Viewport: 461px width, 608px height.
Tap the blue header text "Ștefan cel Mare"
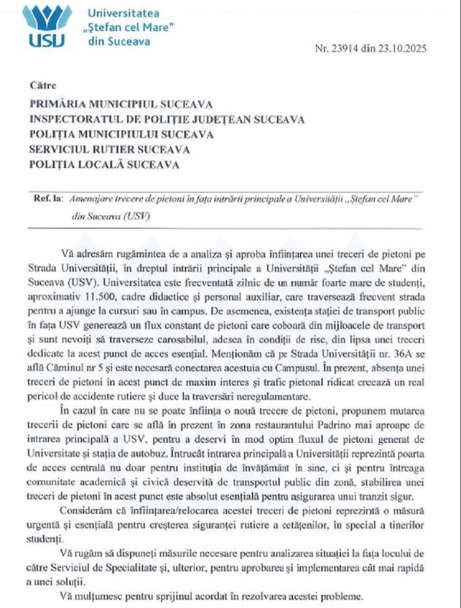[x=131, y=27]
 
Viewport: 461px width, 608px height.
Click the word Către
[x=43, y=85]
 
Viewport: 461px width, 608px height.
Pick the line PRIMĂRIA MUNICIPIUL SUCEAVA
[x=121, y=104]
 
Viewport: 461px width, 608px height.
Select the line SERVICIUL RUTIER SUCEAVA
[x=109, y=149]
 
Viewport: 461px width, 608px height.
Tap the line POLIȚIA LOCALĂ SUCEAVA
[x=104, y=165]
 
